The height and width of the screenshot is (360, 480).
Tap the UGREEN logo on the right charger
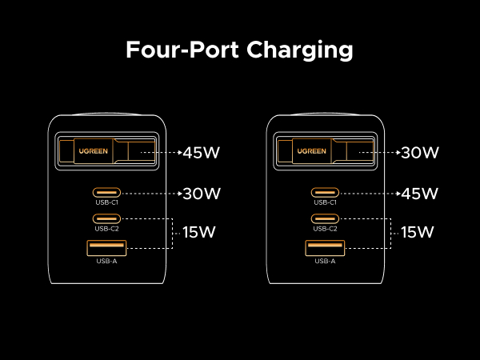[311, 150]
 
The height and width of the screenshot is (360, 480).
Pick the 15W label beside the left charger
[197, 233]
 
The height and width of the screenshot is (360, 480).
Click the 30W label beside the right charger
[419, 152]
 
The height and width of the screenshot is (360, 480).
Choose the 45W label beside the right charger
[419, 193]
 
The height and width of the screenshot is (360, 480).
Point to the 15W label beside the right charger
[416, 233]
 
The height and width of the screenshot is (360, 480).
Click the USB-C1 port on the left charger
[107, 192]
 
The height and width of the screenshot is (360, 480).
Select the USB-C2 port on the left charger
[107, 218]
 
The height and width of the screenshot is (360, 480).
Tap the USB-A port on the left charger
[107, 248]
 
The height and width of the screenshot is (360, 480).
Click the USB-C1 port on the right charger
[325, 192]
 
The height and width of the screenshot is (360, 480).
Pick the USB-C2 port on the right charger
[325, 218]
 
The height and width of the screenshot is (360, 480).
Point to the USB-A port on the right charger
[325, 248]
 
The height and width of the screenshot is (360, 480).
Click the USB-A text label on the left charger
[107, 261]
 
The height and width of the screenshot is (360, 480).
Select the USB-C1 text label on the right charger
[325, 202]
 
